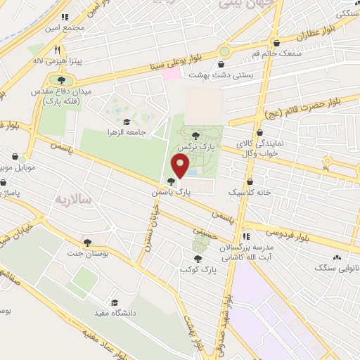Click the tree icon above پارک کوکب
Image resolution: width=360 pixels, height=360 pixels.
click(x=198, y=259)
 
